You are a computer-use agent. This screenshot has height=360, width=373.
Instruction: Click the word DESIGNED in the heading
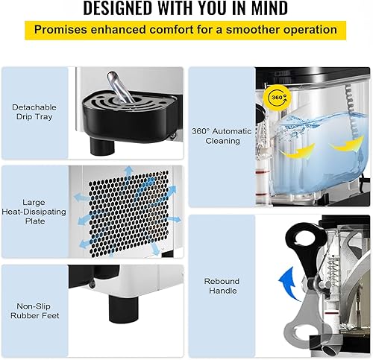pyautogui.click(x=117, y=8)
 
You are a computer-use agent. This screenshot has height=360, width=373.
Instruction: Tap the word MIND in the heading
pyautogui.click(x=269, y=8)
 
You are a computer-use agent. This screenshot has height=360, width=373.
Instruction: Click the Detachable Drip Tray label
pyautogui.click(x=34, y=112)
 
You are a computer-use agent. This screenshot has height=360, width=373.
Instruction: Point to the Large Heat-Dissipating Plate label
pyautogui.click(x=34, y=212)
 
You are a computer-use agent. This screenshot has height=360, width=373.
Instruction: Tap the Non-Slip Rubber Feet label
pyautogui.click(x=35, y=311)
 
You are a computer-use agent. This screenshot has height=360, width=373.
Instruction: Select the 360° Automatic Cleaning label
pyautogui.click(x=222, y=136)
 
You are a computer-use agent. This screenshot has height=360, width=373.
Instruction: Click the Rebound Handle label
pyautogui.click(x=222, y=286)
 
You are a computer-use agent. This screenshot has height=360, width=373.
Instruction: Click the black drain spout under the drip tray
pyautogui.click(x=102, y=146)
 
